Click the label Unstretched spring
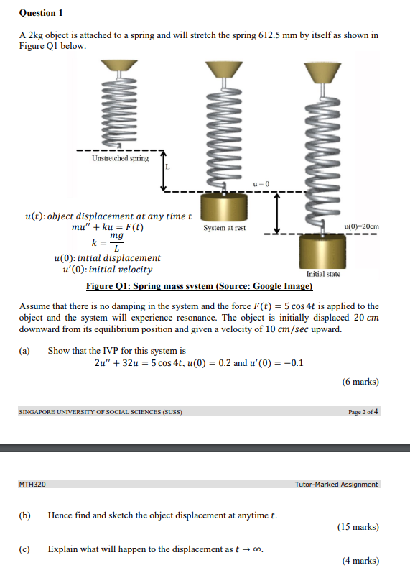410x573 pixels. (x=120, y=158)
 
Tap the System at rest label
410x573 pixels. (x=224, y=228)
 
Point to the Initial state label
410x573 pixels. (x=323, y=274)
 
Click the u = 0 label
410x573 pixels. (x=261, y=184)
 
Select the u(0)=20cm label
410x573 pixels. (x=361, y=227)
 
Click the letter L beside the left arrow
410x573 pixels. (x=168, y=167)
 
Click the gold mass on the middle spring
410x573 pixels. (x=224, y=207)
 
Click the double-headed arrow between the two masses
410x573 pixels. (x=277, y=213)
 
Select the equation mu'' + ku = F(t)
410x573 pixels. (x=107, y=227)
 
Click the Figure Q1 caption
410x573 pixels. (x=199, y=286)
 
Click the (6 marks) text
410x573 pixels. (x=360, y=382)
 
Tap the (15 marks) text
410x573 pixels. (x=358, y=527)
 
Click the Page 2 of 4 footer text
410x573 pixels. (x=363, y=412)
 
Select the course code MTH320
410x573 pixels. (x=32, y=485)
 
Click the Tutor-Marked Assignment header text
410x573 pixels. (x=336, y=485)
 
